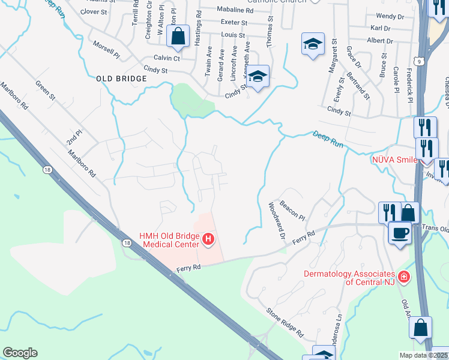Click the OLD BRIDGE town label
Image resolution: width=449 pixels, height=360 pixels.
pos(121,79)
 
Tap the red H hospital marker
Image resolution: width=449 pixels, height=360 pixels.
pos(208,241)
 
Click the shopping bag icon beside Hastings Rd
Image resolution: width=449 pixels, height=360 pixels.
pos(178,37)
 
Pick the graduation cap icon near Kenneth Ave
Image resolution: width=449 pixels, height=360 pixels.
pos(258,77)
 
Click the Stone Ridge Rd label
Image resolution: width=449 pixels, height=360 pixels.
pos(285,323)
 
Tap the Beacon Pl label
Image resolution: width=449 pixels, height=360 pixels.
pos(292,209)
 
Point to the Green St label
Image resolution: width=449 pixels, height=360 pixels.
pos(46,91)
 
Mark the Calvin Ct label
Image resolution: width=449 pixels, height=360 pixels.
pos(167,58)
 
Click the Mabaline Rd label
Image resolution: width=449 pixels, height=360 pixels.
pos(235,10)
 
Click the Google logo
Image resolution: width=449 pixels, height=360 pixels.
pos(20,353)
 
